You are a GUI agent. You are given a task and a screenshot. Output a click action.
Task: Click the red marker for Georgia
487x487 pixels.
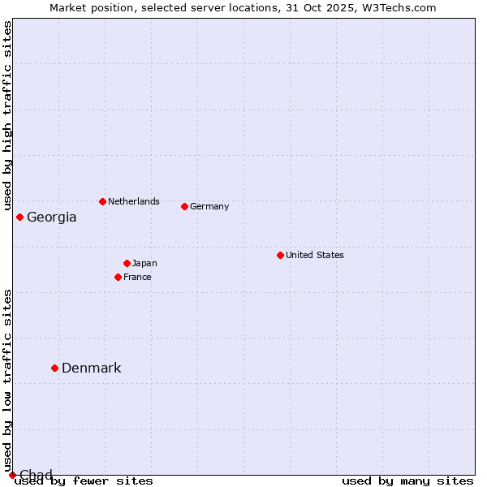click(19, 217)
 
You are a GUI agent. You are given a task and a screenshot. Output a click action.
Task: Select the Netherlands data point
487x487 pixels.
click(102, 201)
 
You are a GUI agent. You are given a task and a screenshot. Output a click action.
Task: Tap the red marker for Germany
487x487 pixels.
click(184, 206)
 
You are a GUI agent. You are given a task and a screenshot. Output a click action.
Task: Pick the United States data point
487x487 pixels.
click(280, 255)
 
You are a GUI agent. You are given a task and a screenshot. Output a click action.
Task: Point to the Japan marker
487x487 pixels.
click(127, 263)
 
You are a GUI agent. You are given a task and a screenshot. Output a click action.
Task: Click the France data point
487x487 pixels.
click(118, 277)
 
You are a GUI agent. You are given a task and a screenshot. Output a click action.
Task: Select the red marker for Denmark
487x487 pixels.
click(54, 368)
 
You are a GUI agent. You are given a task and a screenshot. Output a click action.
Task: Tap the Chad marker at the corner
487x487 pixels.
click(12, 475)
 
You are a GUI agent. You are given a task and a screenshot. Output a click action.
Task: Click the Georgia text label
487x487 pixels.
click(52, 218)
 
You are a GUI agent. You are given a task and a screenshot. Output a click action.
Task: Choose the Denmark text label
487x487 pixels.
click(92, 368)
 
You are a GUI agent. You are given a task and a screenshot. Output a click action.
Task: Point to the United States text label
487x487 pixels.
click(315, 255)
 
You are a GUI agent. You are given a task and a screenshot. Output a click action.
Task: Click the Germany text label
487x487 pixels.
click(209, 206)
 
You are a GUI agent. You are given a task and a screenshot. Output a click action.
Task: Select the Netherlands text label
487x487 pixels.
click(134, 201)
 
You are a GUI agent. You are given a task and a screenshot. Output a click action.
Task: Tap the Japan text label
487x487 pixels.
click(144, 263)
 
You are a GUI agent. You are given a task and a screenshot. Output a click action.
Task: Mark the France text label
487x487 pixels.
click(137, 277)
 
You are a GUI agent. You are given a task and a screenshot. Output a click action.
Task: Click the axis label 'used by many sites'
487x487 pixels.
click(407, 481)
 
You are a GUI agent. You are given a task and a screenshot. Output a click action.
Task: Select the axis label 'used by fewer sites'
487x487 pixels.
click(84, 481)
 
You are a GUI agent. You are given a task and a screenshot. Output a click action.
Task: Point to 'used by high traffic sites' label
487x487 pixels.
click(8, 115)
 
